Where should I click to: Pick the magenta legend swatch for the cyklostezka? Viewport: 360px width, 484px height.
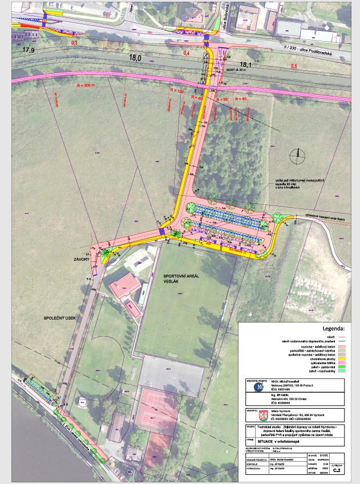342,360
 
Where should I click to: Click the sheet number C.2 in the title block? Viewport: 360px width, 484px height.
338,470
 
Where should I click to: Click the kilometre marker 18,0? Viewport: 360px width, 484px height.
135,58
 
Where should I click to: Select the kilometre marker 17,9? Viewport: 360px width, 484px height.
29,50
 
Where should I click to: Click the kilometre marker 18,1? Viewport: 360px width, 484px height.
246,64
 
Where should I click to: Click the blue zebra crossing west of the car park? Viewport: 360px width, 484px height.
163,230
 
